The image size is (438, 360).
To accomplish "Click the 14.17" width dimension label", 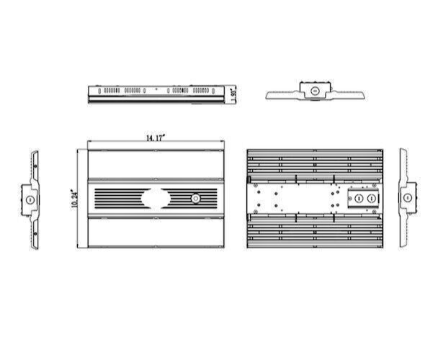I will tap(154, 137).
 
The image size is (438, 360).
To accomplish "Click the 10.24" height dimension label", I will tap(75, 199).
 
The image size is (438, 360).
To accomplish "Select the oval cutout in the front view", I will tap(154, 198).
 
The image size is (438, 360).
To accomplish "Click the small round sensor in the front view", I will tap(196, 198).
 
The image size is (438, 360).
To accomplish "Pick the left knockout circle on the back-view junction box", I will tap(355, 199).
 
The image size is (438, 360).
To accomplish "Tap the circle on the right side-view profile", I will tap(408, 197).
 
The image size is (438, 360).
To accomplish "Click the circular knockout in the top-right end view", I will tap(315, 91).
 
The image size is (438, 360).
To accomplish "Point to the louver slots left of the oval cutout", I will tap(117, 198).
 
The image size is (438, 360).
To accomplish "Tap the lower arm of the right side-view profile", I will tap(405, 228).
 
